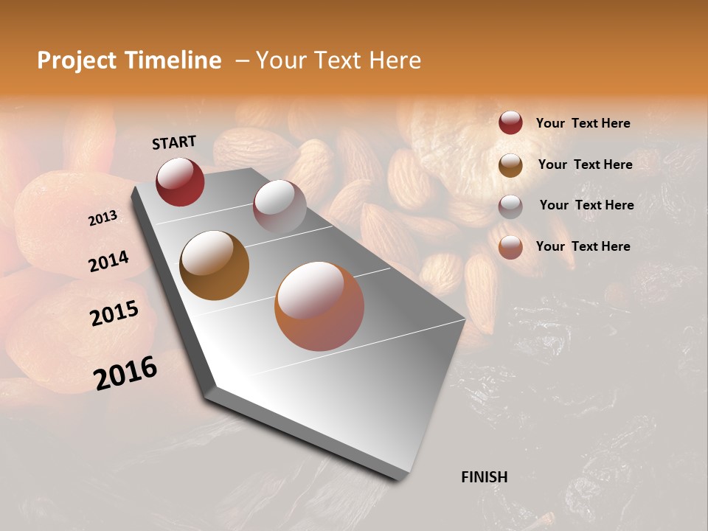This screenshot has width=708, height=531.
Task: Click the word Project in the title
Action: coord(77,61)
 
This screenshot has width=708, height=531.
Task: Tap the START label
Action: coord(174,142)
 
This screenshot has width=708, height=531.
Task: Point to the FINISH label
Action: coord(484,477)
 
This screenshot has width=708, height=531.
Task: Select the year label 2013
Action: coord(103,218)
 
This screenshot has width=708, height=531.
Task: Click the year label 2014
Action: coord(108,261)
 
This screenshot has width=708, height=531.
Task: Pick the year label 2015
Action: coord(114,313)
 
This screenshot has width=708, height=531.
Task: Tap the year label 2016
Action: coord(125,372)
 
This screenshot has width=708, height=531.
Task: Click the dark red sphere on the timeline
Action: coord(180,181)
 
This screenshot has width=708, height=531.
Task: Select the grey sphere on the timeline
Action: coord(280,206)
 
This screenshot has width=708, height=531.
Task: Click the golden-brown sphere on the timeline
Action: coord(215,265)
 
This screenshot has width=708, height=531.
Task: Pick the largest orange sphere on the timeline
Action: coord(319,306)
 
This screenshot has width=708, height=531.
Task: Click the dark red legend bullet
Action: coord(510,123)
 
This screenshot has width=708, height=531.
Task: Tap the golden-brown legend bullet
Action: coord(510,165)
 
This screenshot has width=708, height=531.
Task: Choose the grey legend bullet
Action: coord(510,206)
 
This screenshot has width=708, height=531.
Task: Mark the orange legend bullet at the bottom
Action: coord(510,247)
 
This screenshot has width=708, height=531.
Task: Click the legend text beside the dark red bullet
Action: coord(583,123)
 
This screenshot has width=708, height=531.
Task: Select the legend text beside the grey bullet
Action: coord(586,205)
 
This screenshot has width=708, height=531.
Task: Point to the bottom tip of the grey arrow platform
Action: coord(399,479)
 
